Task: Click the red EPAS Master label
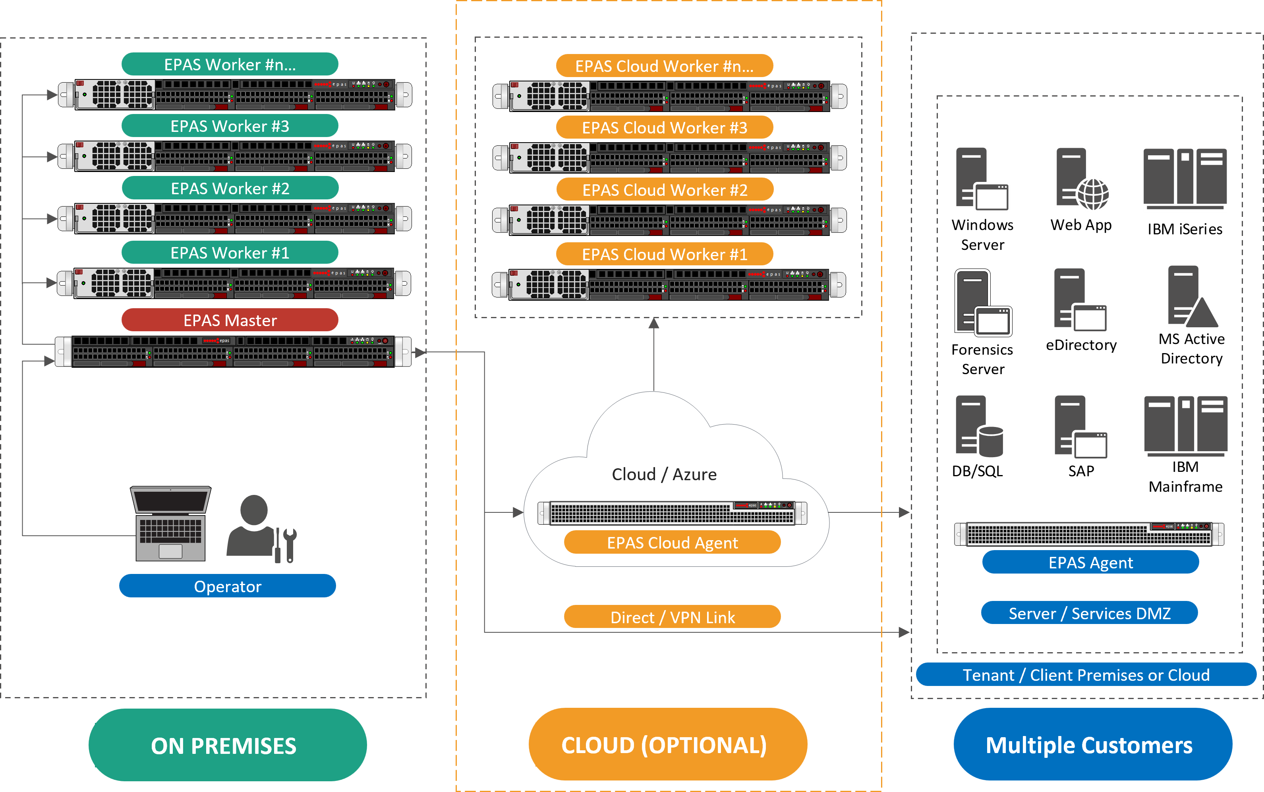pos(230,320)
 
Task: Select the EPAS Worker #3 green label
pos(230,126)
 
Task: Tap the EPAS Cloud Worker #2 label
pos(665,189)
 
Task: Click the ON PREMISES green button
pos(227,745)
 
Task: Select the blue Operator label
pos(227,586)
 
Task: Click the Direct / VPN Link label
pos(672,617)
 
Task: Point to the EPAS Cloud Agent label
pos(672,543)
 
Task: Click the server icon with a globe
pos(1081,179)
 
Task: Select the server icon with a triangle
pos(1192,297)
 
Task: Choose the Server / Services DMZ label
pos(1089,613)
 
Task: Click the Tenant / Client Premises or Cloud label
pos(1086,675)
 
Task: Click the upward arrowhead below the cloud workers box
pos(654,323)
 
